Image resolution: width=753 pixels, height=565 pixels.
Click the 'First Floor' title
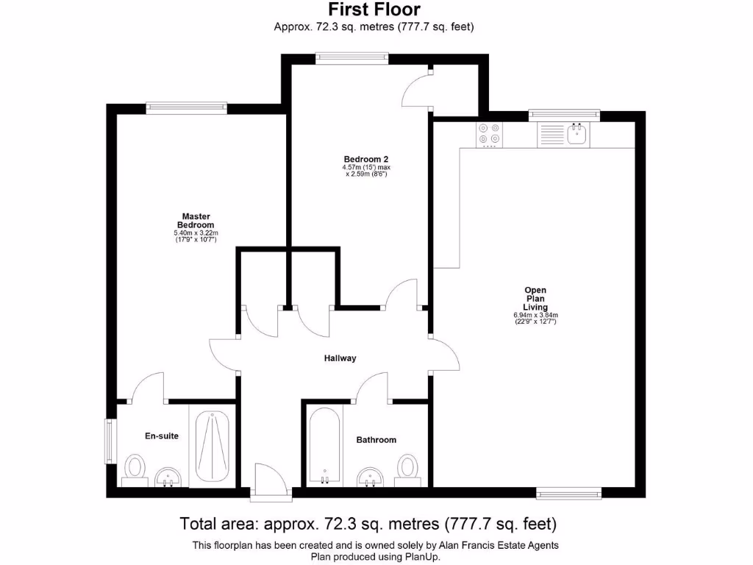[x=374, y=10]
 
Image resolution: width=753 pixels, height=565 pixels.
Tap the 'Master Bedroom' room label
[x=196, y=220]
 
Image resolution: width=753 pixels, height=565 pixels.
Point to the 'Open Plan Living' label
[x=535, y=299]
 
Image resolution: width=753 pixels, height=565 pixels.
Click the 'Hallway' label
[x=340, y=358]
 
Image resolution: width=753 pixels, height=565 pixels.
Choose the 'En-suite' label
[x=161, y=436]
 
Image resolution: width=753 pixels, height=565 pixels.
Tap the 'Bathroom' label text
[x=376, y=440]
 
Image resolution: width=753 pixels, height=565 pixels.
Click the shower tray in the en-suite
[x=213, y=445]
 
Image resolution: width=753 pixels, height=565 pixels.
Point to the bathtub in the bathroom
[x=324, y=445]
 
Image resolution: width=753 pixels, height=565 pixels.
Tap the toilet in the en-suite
[x=134, y=469]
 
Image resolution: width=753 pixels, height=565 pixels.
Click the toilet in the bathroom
[x=408, y=469]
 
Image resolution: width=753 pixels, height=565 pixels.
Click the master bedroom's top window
[x=186, y=107]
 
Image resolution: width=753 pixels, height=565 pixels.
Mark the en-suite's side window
[x=110, y=441]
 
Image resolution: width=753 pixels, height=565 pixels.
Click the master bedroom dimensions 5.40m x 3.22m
[x=196, y=236]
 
